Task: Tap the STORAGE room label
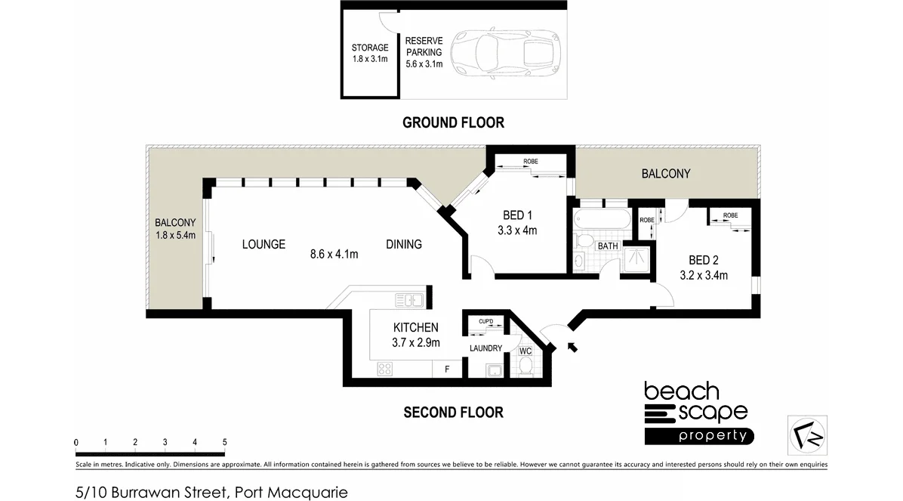click(x=369, y=48)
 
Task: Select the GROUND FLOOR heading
click(x=453, y=122)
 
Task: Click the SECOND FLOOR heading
click(x=453, y=412)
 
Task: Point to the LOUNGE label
click(x=264, y=244)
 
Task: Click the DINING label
click(x=404, y=244)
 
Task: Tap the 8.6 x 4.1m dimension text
click(x=333, y=254)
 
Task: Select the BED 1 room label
click(x=517, y=215)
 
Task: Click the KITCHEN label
click(x=415, y=327)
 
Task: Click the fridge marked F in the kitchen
click(x=447, y=370)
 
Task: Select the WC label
click(x=525, y=351)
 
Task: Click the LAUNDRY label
click(x=485, y=348)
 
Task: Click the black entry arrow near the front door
click(x=572, y=346)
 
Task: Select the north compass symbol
click(x=807, y=435)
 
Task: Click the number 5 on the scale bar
click(x=224, y=442)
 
